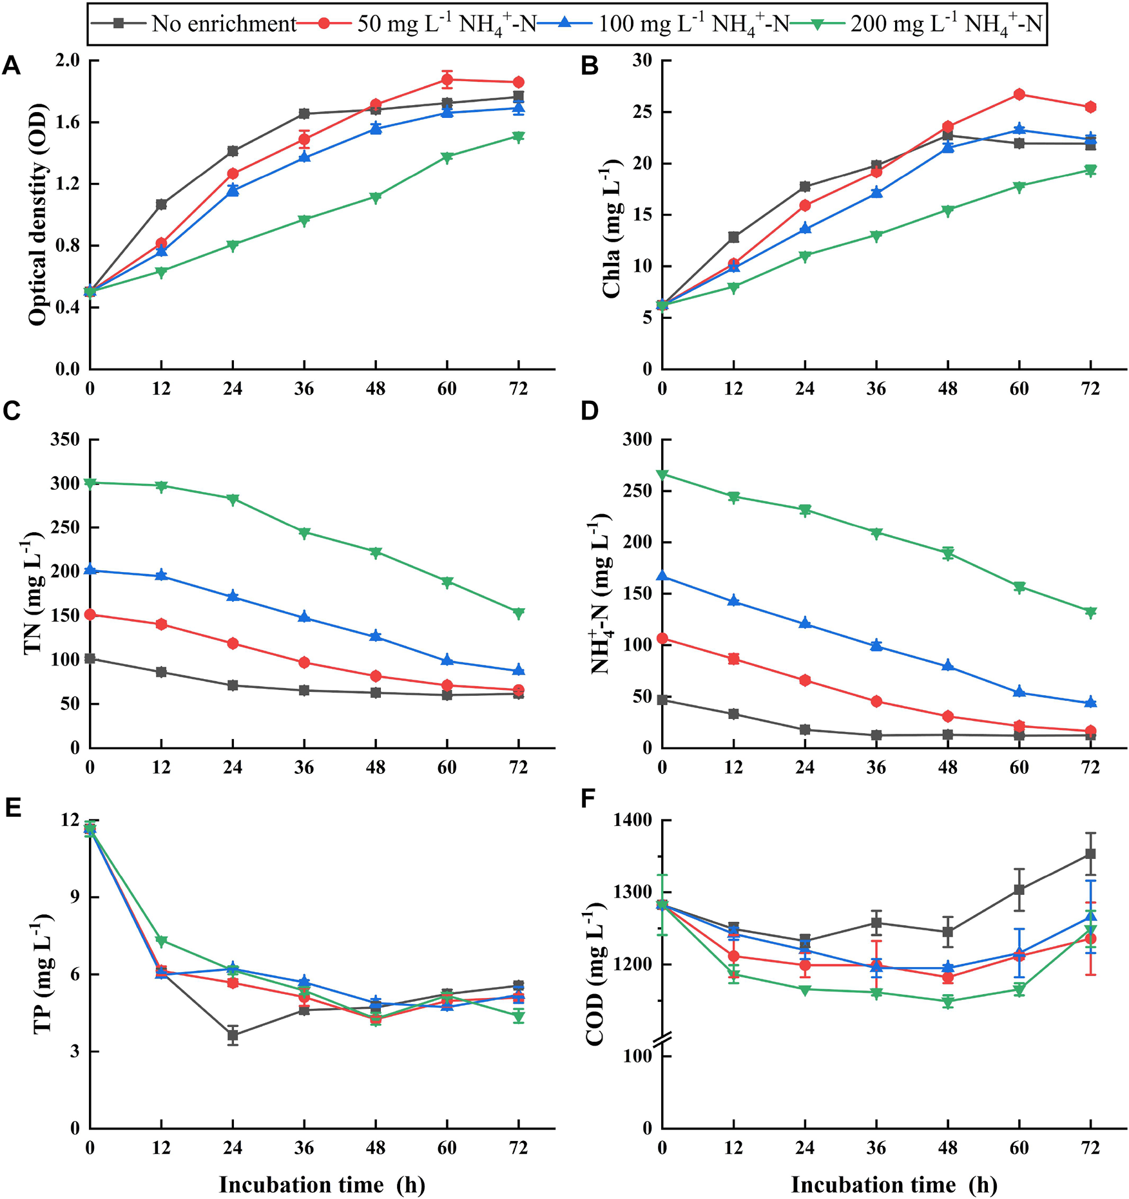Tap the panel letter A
coord(12,66)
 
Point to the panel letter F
coord(588,800)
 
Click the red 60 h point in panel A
coord(447,80)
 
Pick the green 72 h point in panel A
coord(518,137)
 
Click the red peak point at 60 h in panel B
coord(1019,94)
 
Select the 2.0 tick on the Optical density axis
coord(68,61)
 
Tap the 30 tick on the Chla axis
coord(642,61)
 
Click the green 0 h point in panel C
coord(90,483)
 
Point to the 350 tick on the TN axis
coord(65,439)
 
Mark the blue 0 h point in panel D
coord(662,577)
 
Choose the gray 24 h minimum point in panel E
coord(233,1035)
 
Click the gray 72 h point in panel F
coord(1090,854)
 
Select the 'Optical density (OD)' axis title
coord(37,214)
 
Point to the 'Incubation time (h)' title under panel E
coord(322,1184)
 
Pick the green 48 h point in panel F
coord(948,1001)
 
